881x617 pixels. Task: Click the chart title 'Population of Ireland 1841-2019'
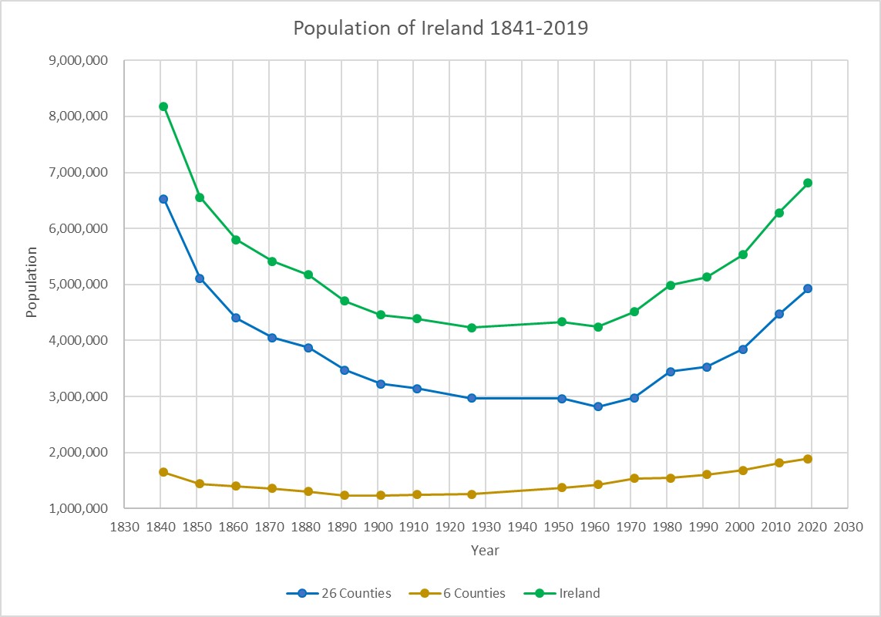[x=440, y=29]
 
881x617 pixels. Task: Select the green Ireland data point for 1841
[x=163, y=106]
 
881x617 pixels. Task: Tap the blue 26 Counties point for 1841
[x=163, y=199]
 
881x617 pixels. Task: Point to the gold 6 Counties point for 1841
[x=163, y=472]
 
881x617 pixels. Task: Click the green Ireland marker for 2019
[x=808, y=183]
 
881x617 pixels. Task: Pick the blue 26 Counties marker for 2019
[x=808, y=288]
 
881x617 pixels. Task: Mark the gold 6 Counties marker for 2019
[x=808, y=459]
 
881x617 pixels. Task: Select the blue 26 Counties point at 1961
[x=598, y=406]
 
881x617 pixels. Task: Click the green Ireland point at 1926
[x=472, y=328]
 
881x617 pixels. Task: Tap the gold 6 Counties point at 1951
[x=562, y=487]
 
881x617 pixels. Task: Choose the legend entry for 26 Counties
[x=339, y=593]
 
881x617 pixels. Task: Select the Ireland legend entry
[x=562, y=593]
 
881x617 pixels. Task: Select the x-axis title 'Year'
[x=486, y=551]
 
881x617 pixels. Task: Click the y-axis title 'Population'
[x=32, y=282]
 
